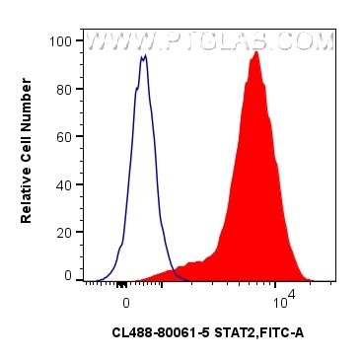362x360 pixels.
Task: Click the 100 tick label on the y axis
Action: pos(61,41)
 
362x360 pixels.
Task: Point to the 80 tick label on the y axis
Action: pos(64,89)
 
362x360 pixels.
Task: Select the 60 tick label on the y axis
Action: pos(64,136)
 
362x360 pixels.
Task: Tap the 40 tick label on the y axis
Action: pos(64,182)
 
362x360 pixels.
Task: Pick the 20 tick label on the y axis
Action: pos(64,230)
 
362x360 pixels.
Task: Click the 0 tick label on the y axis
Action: pos(68,276)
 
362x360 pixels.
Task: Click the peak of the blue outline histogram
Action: pos(144,57)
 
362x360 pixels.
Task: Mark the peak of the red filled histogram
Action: pos(256,52)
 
